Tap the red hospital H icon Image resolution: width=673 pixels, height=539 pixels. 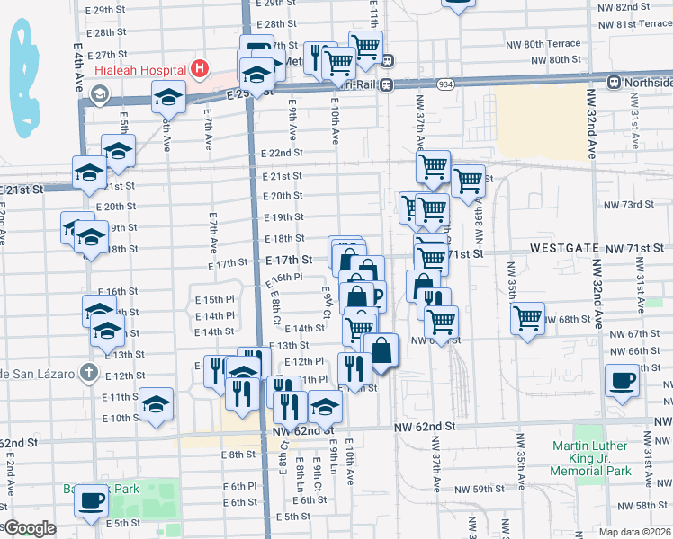pos(201,68)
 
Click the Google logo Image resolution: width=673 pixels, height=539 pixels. pos(29,528)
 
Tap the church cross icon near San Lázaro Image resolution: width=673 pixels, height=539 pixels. pos(88,370)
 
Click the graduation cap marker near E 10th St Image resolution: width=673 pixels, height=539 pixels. pos(157,404)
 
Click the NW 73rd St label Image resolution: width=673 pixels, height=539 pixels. pos(628,205)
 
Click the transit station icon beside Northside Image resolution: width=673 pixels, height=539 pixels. pos(615,83)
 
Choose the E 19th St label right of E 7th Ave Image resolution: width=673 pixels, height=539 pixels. pos(283,217)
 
